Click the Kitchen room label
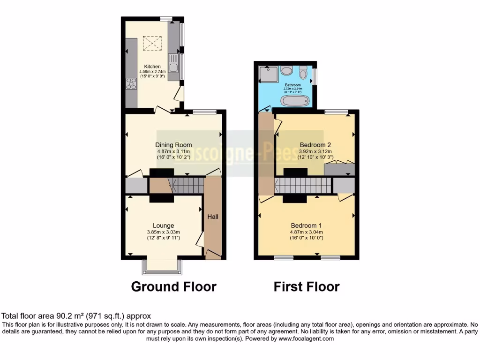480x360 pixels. pos(152,67)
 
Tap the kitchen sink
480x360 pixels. pos(173,68)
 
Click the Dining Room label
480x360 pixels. pos(173,145)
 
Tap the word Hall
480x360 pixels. pos(213,217)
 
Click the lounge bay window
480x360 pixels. pos(162,266)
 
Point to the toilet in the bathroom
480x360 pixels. pos(303,72)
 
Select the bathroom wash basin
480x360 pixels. pos(287,70)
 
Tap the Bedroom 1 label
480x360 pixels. pos(307,225)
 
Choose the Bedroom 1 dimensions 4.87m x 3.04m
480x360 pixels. pos(307,232)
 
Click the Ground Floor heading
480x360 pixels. pos(173,286)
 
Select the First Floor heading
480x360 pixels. pos(307,286)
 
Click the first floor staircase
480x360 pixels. pos(303,186)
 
